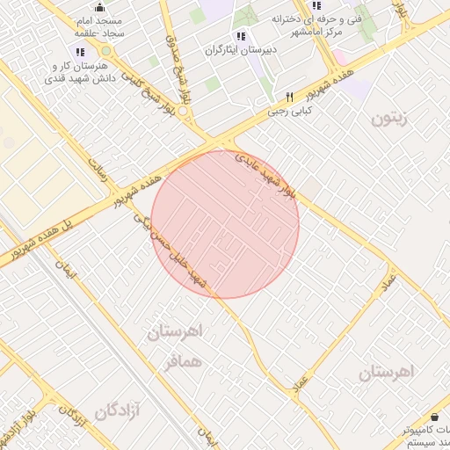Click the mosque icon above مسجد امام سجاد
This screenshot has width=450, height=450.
[x=98, y=6]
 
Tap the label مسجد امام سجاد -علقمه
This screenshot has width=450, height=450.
[x=98, y=25]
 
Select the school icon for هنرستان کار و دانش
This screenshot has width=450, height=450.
[x=80, y=52]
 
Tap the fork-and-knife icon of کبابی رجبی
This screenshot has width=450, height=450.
[x=287, y=98]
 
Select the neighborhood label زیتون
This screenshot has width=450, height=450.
[x=389, y=119]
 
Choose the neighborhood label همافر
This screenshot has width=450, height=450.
[x=183, y=361]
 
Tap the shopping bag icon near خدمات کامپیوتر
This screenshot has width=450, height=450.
[x=436, y=415]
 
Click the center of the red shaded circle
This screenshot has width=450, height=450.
[x=225, y=224]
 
